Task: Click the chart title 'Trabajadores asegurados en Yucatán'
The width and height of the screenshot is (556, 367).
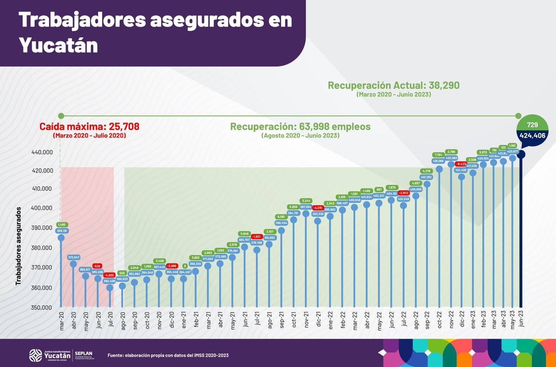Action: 155,32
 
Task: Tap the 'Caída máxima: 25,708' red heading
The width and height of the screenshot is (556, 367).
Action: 89,127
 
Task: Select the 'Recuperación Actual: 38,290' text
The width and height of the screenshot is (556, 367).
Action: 393,86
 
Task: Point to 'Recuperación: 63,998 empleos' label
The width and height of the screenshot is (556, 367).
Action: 300,127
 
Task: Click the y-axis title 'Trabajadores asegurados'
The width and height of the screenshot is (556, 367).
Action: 18,246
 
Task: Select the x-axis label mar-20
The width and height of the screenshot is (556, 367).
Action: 61,320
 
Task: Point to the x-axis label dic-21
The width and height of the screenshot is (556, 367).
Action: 318,320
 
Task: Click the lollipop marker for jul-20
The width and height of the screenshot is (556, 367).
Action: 110,287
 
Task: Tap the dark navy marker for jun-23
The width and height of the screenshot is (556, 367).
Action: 521,154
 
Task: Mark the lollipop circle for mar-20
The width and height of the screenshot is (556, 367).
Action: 61,237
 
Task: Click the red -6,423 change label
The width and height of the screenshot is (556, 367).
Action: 461,164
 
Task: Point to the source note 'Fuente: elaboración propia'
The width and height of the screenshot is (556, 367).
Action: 168,355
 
